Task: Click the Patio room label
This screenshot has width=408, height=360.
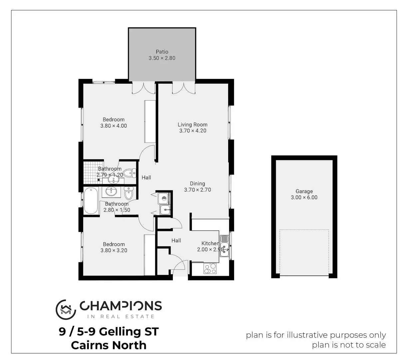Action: [162, 52]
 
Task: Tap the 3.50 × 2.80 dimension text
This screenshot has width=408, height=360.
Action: [162, 58]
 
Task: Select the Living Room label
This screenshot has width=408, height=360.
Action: [193, 125]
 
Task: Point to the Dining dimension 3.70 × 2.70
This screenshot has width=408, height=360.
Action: [198, 190]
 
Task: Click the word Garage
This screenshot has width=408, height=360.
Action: [304, 191]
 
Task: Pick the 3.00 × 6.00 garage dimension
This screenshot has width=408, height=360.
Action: [304, 197]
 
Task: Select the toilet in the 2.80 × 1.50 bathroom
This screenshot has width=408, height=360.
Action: [129, 193]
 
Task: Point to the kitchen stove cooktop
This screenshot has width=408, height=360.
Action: [210, 268]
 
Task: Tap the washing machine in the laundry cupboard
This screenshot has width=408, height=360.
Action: [164, 199]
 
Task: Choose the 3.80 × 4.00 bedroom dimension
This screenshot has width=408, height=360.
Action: [114, 126]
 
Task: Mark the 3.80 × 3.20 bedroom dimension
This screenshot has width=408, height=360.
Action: [114, 250]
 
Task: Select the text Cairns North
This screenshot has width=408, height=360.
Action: [109, 345]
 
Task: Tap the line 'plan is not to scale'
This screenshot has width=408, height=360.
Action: [349, 345]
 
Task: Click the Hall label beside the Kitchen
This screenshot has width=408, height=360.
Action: [176, 240]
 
